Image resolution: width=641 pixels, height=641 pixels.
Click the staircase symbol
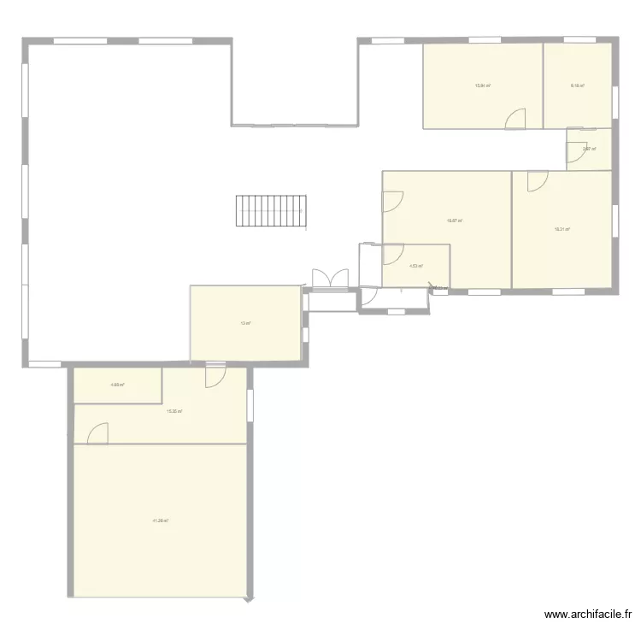point(271,210)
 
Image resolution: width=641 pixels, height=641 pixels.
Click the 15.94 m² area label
point(482,85)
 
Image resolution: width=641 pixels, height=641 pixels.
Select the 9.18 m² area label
point(577,85)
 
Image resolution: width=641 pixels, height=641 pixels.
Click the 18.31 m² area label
point(562,228)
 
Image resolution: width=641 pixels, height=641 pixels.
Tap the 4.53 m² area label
point(416,266)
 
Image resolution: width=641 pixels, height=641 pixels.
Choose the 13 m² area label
point(245,323)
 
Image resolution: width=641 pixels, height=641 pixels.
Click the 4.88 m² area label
point(117,385)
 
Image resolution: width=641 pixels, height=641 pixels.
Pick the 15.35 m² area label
point(174,411)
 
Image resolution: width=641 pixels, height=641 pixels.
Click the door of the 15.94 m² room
point(515,120)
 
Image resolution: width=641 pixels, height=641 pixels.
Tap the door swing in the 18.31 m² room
point(538,181)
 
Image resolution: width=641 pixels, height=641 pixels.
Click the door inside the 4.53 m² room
point(393,254)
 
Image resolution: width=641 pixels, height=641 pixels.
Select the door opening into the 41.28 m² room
point(98,433)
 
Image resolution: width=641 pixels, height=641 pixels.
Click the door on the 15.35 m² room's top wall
point(215,377)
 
